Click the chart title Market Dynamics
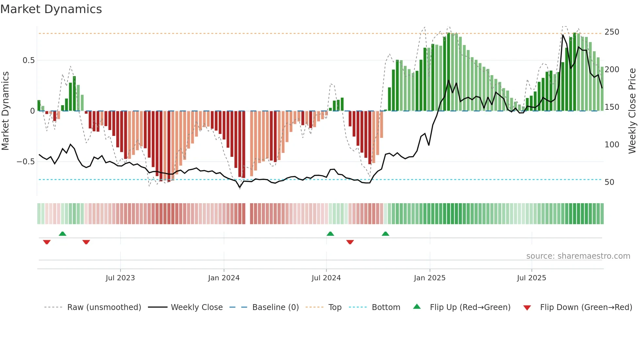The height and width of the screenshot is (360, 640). (51, 9)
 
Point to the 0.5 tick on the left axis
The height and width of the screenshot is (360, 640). (28, 60)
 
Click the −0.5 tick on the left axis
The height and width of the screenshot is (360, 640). (26, 162)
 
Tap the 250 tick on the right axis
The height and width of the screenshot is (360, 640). (612, 32)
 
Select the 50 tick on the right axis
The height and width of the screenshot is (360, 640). (609, 182)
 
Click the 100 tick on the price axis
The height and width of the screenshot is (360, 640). (612, 145)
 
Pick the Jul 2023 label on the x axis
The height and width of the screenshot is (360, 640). (120, 278)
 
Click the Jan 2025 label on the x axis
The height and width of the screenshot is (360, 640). (429, 278)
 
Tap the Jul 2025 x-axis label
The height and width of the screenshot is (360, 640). (531, 278)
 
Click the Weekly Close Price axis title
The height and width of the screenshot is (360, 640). (632, 111)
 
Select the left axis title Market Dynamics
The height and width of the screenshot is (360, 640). (5, 111)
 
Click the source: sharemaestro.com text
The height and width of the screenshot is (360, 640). (578, 256)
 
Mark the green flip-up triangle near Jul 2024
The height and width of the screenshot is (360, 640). (330, 234)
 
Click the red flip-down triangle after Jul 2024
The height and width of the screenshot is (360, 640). (350, 242)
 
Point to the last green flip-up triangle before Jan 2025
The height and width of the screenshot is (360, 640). (385, 234)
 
